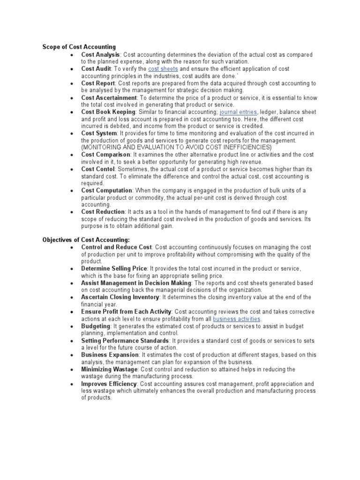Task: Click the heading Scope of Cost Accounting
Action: tap(79, 47)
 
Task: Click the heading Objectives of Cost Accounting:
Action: tap(86, 240)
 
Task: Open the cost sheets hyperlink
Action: tap(163, 69)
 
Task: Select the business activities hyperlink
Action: tap(236, 319)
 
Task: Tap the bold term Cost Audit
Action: tap(96, 69)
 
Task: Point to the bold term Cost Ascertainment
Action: tap(109, 97)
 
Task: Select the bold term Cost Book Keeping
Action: tap(108, 112)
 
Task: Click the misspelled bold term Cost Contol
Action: tap(98, 169)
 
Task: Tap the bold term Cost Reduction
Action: tap(103, 212)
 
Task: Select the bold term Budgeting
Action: tap(96, 326)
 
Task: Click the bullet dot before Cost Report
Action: tap(71, 83)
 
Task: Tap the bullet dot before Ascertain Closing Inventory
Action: tap(71, 298)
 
